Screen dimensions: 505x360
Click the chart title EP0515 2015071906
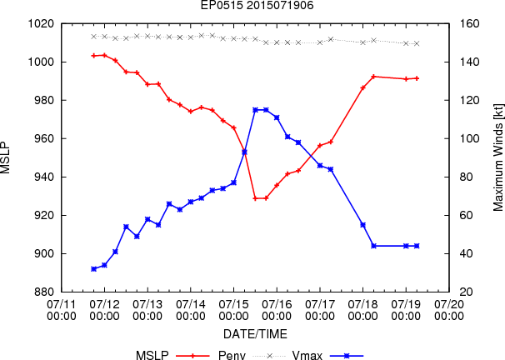257,5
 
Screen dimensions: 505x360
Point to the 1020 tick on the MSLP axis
41,24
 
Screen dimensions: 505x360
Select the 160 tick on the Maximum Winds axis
469,24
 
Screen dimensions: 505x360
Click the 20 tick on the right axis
467,292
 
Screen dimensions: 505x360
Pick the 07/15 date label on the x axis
233,310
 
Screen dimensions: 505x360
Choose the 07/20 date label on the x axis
449,310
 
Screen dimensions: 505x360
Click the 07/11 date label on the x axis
62,310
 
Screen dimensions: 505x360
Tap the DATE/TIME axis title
255,334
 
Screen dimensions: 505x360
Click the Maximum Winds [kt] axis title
497,157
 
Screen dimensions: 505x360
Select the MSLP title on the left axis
5,157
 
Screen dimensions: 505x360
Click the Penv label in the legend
232,355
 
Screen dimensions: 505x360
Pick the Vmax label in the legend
307,355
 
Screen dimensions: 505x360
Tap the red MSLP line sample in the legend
192,356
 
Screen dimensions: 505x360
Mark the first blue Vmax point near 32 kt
93,269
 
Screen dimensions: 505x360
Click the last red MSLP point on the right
417,78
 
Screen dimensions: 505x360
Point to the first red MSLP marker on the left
93,56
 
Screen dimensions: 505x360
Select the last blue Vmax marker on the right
417,246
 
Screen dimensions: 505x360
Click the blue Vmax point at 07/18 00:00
363,225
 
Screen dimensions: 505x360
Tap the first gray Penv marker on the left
93,37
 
